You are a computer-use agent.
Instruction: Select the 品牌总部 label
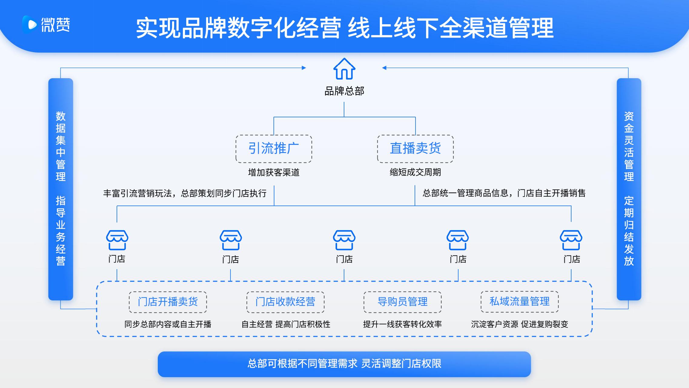[344, 91]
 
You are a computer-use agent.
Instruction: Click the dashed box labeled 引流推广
[274, 149]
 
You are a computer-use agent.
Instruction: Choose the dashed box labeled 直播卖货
[415, 149]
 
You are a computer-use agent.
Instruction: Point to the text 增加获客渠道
[274, 172]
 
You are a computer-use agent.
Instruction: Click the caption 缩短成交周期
[415, 172]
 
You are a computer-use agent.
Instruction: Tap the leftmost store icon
[117, 240]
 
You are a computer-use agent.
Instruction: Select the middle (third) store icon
[344, 240]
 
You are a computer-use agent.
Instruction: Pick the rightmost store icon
[571, 240]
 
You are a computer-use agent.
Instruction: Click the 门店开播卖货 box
[168, 302]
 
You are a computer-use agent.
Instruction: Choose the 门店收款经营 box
[285, 302]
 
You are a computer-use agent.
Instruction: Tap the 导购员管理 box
[402, 302]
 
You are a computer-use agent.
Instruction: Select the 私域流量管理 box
[520, 302]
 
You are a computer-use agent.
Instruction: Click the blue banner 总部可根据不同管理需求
[344, 364]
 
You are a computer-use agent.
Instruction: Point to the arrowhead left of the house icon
[304, 68]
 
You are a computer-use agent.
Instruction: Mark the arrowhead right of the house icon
[384, 68]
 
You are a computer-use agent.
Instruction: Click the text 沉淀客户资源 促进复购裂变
[520, 324]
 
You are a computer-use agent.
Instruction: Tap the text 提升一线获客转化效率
[402, 324]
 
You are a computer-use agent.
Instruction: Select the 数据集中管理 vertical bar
[61, 189]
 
